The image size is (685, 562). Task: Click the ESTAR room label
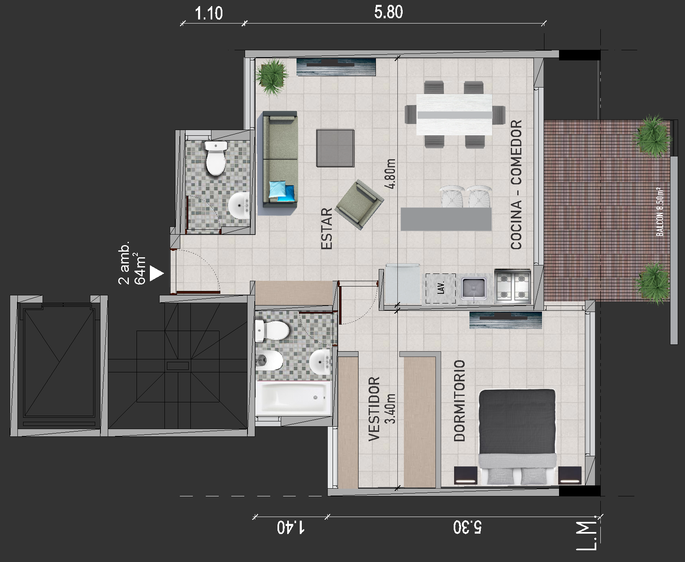[326, 229]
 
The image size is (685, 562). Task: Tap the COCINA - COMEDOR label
[516, 184]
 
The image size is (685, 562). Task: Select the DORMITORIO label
[459, 400]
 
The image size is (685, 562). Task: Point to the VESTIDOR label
[374, 408]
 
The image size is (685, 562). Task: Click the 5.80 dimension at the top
[388, 13]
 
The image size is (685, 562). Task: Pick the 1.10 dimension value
[209, 14]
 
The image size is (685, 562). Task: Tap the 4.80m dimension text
[391, 174]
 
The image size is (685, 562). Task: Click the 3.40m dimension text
[391, 408]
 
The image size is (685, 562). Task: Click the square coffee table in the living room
[335, 148]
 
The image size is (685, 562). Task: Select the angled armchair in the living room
[360, 204]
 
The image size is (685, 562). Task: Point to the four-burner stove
[512, 286]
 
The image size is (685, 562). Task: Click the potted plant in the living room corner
[272, 77]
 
